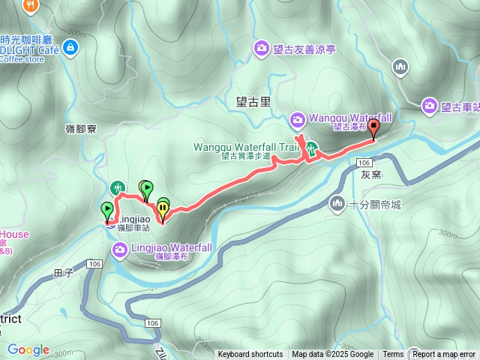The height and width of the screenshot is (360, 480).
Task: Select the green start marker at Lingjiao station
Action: coord(106,211)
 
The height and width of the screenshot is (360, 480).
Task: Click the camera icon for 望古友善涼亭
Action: coord(261,49)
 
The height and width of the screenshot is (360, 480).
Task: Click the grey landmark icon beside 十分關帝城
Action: coord(337,203)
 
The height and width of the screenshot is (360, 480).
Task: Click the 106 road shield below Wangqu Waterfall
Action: coord(364,163)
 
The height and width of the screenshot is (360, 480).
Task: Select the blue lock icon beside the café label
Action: coord(70,49)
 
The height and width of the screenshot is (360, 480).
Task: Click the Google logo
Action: coord(28,349)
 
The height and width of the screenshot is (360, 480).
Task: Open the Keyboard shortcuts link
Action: coord(250,355)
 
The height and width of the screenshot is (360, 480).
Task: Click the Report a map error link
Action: coord(445,355)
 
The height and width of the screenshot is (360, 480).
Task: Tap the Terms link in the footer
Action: coord(392,355)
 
